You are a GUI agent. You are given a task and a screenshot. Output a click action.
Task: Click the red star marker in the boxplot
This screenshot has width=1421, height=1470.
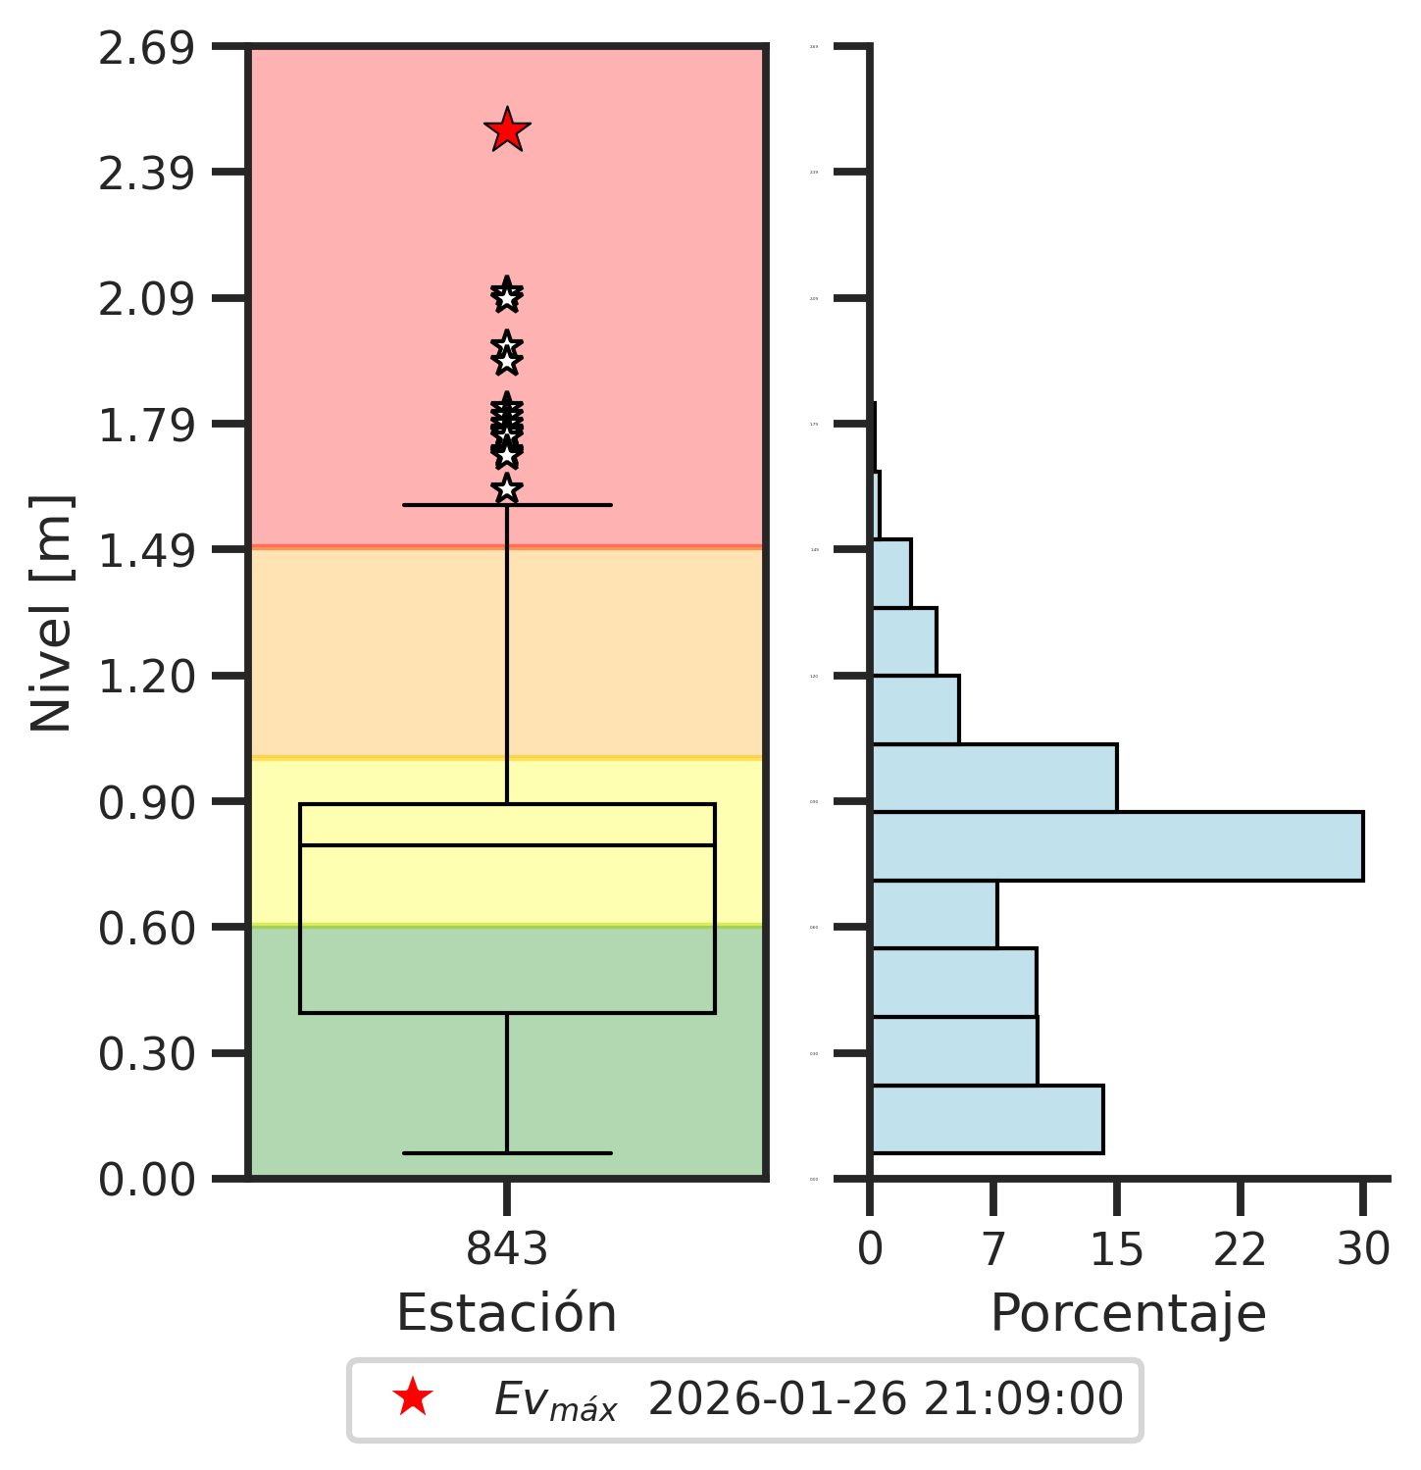(507, 130)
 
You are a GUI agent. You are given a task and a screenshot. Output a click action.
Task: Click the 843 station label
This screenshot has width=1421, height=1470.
(507, 1250)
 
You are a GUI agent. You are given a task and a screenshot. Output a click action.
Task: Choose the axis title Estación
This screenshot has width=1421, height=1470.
(506, 1313)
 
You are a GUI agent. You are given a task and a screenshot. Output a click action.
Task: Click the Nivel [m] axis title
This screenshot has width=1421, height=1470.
(52, 613)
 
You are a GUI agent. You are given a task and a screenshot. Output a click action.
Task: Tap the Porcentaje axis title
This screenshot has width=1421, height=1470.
(1128, 1313)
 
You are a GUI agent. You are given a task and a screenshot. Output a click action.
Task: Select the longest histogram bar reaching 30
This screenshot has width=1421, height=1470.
(1116, 846)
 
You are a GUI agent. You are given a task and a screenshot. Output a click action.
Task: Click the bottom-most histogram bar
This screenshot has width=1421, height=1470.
(987, 1119)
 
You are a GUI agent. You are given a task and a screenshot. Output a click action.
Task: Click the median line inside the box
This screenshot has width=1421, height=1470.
(507, 844)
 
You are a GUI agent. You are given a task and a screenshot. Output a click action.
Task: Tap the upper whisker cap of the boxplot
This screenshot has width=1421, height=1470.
(507, 505)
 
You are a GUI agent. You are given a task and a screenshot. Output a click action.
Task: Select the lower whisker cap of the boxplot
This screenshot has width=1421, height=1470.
(507, 1152)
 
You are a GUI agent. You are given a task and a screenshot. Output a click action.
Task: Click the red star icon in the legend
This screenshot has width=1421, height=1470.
(412, 1398)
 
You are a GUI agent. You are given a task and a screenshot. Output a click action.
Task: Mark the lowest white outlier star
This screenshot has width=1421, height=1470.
(507, 488)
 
